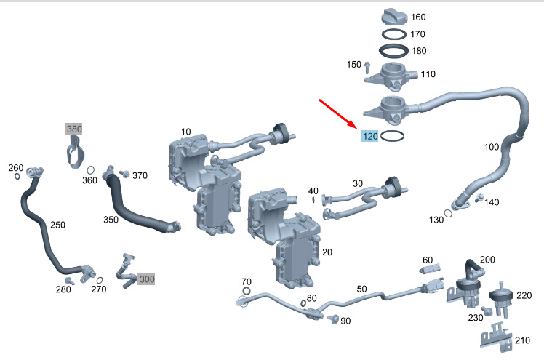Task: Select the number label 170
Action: click(x=417, y=33)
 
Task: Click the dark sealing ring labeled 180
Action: click(x=393, y=52)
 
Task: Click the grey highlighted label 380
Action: click(x=74, y=129)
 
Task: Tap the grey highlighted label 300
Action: click(x=146, y=279)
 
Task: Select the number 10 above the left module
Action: click(x=186, y=132)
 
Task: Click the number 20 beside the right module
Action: click(x=327, y=252)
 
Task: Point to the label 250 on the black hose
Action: click(x=57, y=225)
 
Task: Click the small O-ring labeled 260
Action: click(x=17, y=176)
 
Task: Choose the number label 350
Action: click(x=111, y=219)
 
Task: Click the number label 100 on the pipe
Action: click(x=492, y=147)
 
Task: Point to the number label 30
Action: click(x=357, y=183)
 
